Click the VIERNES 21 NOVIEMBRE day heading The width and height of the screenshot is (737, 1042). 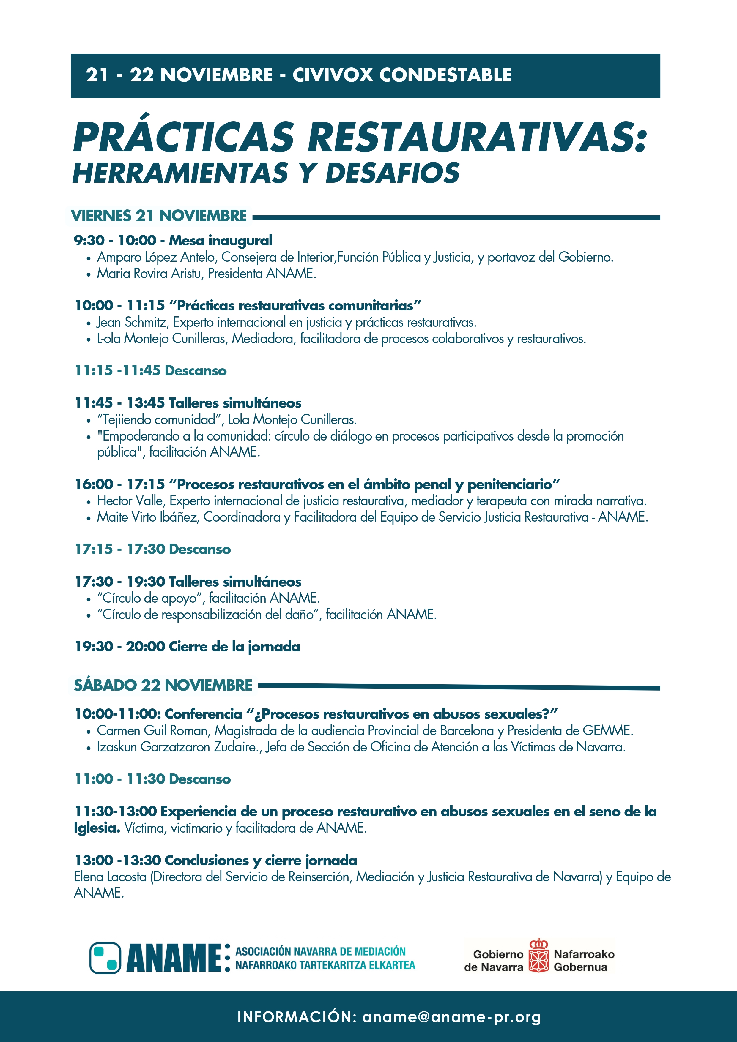pyautogui.click(x=159, y=216)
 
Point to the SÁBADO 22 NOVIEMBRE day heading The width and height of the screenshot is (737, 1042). pyautogui.click(x=163, y=685)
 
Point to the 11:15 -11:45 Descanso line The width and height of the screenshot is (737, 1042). pyautogui.click(x=150, y=370)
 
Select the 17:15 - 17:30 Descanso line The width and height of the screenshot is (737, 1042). pyautogui.click(x=152, y=549)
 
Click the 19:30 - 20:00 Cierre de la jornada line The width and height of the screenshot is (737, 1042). pyautogui.click(x=187, y=646)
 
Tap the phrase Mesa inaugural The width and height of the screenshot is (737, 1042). pyautogui.click(x=221, y=241)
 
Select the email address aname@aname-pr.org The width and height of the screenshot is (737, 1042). pyautogui.click(x=451, y=1017)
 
